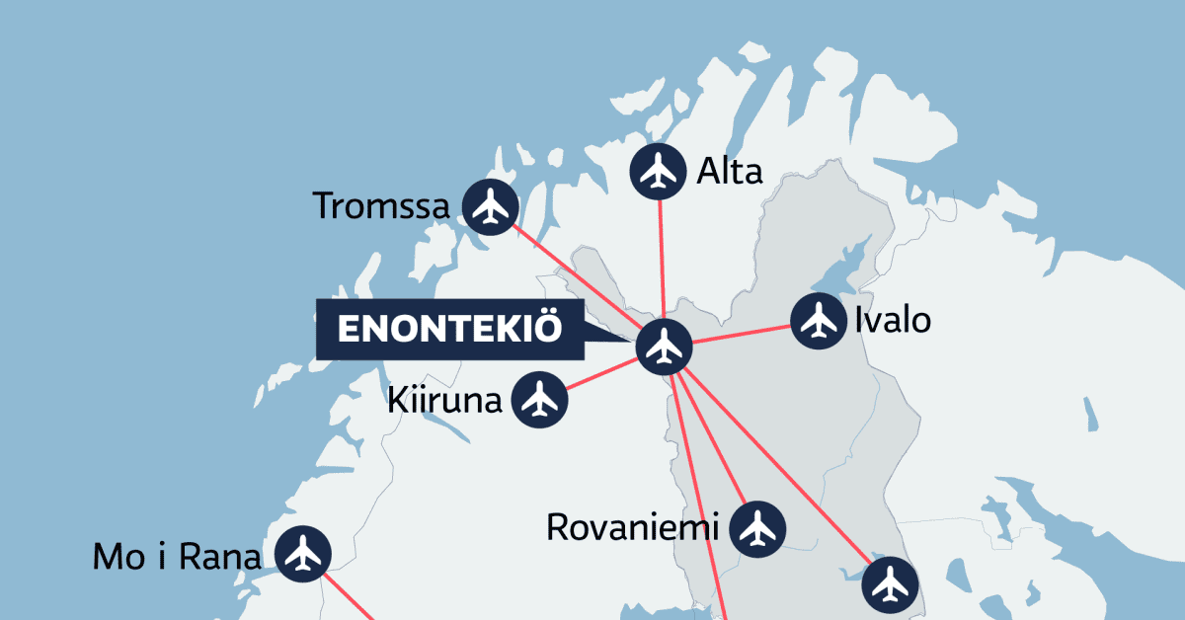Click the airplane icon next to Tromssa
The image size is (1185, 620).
point(490,207)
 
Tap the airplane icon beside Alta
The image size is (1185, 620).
point(659,171)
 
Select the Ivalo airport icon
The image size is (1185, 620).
point(819,321)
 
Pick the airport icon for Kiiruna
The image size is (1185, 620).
point(539,400)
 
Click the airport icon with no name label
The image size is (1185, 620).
point(890,584)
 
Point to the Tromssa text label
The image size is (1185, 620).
point(381,207)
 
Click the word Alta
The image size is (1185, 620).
point(729,172)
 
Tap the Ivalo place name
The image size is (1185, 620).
point(892,322)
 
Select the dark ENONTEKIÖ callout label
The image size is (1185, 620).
point(449,330)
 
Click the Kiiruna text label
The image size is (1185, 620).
point(445,401)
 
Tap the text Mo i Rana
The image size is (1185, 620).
point(178,557)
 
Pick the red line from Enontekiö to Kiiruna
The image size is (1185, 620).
point(602,373)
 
